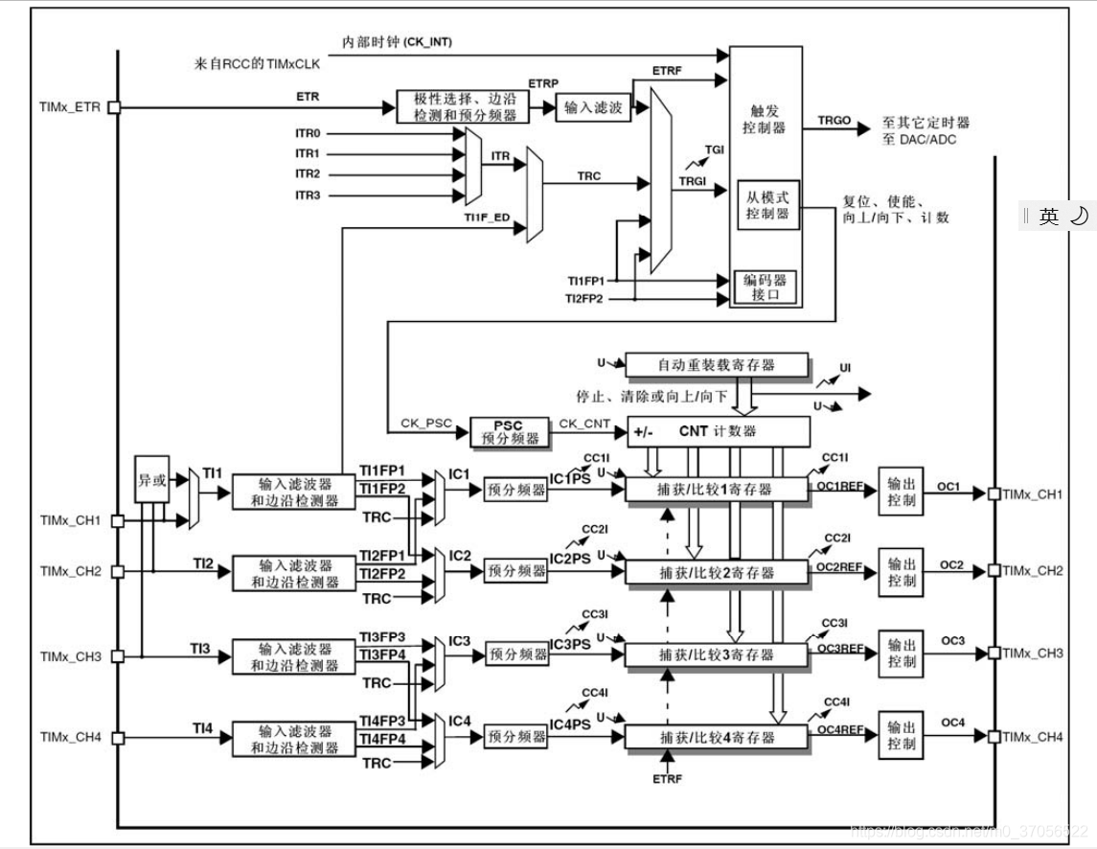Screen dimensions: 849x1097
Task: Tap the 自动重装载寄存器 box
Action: coord(717,365)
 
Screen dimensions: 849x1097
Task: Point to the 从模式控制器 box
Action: coord(768,204)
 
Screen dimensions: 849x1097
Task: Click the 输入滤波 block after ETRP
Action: coord(589,107)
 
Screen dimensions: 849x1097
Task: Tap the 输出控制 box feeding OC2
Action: coord(902,572)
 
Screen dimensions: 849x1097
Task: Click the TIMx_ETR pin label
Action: coord(69,107)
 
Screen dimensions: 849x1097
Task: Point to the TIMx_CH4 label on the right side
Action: coord(1033,737)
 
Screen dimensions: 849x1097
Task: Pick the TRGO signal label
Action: coord(834,123)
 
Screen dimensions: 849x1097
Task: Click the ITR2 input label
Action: coord(308,174)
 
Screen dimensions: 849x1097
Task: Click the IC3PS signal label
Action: coord(571,644)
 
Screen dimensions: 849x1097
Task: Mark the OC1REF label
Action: coord(839,487)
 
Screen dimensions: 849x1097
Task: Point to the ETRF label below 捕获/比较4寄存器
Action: coord(667,778)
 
